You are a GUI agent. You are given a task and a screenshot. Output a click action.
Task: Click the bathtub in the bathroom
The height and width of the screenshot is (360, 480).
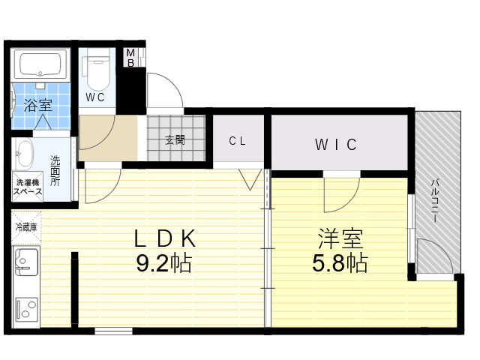click(x=40, y=65)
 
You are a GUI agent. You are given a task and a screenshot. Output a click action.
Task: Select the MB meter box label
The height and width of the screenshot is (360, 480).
click(x=130, y=58)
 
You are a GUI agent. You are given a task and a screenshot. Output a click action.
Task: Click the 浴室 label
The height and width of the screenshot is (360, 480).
click(x=38, y=105)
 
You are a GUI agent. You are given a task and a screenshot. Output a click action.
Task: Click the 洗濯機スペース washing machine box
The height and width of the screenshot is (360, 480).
click(x=28, y=187)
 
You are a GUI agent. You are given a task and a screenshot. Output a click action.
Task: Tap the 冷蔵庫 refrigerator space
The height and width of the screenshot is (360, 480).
click(x=26, y=227)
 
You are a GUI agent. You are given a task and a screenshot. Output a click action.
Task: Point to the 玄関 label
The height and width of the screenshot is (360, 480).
click(x=175, y=140)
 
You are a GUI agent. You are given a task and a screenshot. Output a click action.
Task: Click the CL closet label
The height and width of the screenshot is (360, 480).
click(x=237, y=141)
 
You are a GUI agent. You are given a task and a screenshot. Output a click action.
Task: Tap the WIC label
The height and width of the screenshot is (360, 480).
click(x=336, y=145)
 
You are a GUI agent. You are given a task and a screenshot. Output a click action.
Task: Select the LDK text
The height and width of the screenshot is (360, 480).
click(x=165, y=238)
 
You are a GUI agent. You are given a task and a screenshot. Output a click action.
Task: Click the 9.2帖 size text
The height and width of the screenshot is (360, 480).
click(x=164, y=263)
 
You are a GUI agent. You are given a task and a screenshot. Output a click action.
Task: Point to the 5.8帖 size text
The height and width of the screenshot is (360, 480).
click(x=340, y=263)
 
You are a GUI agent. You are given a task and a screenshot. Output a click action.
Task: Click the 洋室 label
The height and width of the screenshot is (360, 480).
click(x=340, y=238)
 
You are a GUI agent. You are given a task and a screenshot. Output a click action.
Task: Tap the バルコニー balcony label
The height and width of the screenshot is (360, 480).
click(x=435, y=201)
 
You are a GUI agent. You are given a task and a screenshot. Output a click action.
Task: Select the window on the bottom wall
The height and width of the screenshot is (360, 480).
click(x=113, y=331)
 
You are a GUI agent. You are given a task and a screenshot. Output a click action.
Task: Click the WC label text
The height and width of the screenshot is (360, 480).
click(x=95, y=97)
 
